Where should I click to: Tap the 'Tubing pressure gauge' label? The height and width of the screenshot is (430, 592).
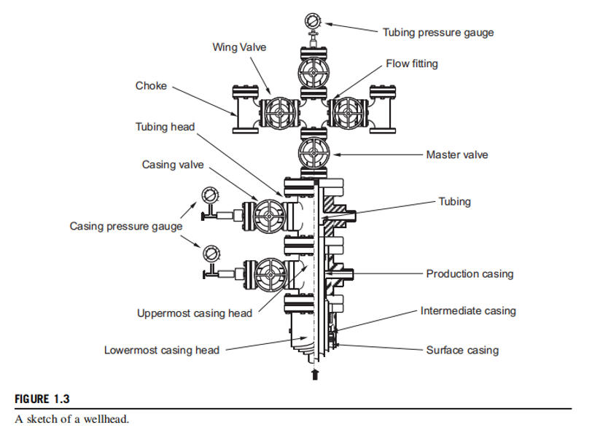pyautogui.click(x=437, y=32)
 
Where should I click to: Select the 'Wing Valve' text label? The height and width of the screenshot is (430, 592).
pyautogui.click(x=239, y=47)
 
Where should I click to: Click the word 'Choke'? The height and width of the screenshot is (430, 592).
pyautogui.click(x=151, y=86)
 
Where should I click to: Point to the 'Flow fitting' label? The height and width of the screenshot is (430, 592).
pyautogui.click(x=412, y=64)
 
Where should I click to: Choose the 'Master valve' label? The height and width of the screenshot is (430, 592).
pyautogui.click(x=457, y=155)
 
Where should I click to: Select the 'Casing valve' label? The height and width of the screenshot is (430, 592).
pyautogui.click(x=173, y=165)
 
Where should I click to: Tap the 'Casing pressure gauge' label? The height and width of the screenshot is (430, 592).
pyautogui.click(x=125, y=227)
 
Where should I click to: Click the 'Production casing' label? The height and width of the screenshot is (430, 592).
pyautogui.click(x=470, y=274)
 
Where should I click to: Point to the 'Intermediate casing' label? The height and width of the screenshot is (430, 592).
pyautogui.click(x=468, y=311)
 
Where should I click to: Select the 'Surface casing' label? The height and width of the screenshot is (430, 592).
pyautogui.click(x=462, y=350)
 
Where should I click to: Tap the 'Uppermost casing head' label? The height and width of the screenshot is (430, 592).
pyautogui.click(x=195, y=313)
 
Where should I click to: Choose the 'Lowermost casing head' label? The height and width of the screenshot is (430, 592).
pyautogui.click(x=162, y=350)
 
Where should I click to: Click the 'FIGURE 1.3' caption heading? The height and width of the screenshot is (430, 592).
pyautogui.click(x=42, y=400)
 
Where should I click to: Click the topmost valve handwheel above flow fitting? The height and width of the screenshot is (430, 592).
pyautogui.click(x=313, y=74)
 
